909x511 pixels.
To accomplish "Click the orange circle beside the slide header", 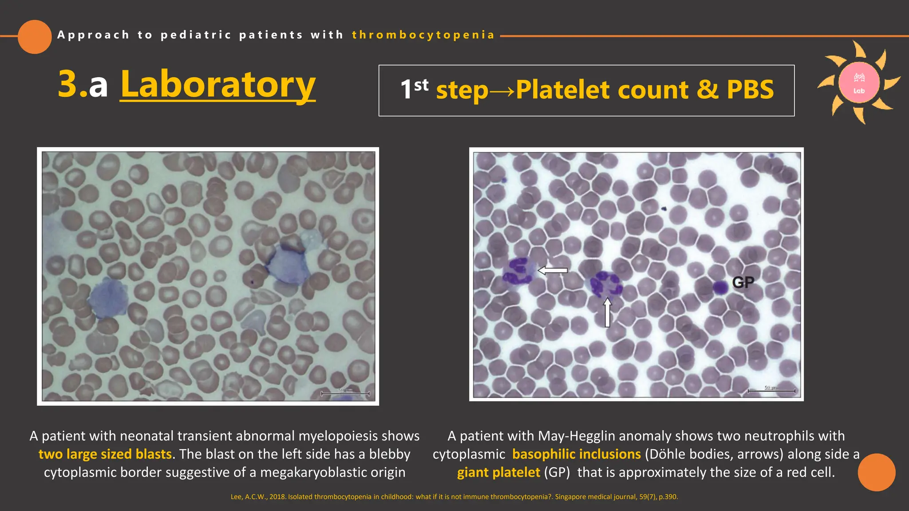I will (35, 37).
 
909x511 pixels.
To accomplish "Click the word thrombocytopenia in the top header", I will (423, 35).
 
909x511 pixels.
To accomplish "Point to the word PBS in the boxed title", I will (750, 90).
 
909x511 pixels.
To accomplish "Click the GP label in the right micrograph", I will (743, 283).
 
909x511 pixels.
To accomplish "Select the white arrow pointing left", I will (553, 270).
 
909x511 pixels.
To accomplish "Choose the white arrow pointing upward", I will (607, 312).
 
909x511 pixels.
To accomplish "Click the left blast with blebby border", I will (108, 298).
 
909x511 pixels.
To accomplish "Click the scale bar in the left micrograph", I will (345, 393).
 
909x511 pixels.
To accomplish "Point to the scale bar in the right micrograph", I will (771, 391).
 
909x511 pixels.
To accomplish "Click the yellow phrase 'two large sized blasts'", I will (105, 454).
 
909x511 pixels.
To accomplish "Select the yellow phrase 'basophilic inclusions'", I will (576, 454).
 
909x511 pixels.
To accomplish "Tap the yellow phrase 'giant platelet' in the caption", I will (498, 472).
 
